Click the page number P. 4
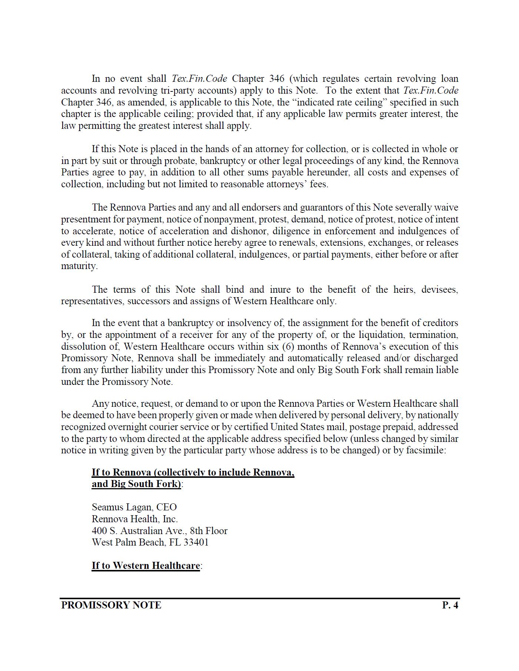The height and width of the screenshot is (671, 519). pos(450,605)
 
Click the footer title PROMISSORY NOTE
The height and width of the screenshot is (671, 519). pos(111,605)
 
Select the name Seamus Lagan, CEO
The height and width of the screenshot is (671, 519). pos(134,507)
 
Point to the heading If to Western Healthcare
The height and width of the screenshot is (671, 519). pos(146,566)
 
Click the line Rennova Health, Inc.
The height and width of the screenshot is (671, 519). pos(134,519)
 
